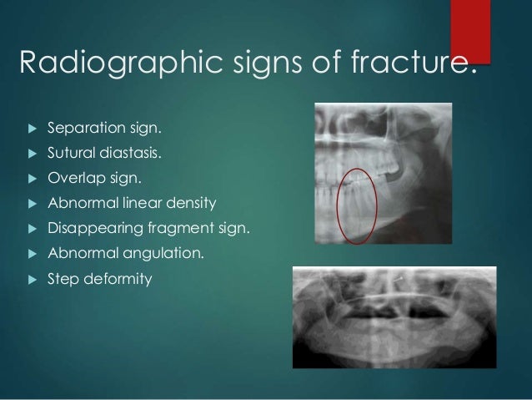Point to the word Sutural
pos(71,154)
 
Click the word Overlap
pos(73,178)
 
